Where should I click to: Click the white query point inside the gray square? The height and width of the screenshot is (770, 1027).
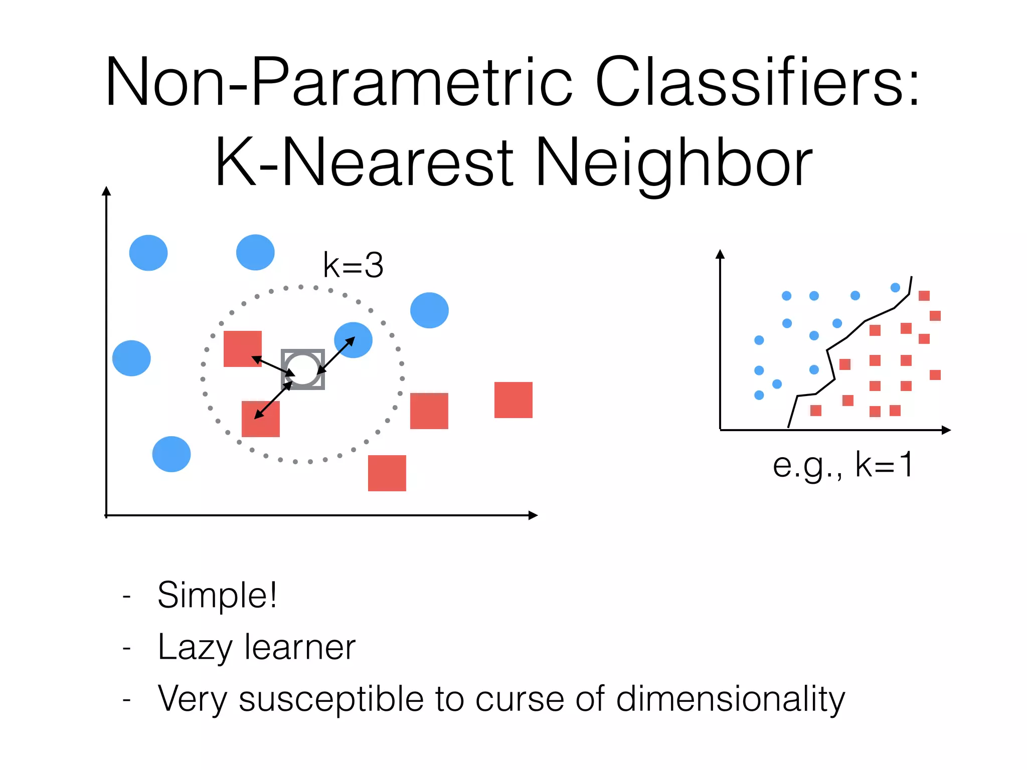click(302, 369)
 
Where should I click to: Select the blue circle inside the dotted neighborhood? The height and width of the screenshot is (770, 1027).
click(353, 340)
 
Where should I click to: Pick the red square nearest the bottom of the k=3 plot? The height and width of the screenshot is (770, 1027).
click(387, 473)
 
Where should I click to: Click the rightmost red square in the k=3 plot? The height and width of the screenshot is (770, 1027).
click(513, 400)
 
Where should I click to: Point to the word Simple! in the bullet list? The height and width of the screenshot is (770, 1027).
click(217, 595)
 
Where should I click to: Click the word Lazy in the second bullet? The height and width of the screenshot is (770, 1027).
click(195, 647)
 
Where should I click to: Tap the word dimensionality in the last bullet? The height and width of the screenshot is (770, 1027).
click(730, 699)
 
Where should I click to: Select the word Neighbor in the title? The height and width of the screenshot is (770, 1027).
click(674, 163)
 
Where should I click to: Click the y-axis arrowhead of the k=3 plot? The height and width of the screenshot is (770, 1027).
click(106, 191)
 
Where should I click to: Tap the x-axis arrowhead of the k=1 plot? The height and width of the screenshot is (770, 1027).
click(947, 430)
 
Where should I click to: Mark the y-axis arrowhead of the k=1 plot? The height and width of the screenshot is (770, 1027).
click(720, 254)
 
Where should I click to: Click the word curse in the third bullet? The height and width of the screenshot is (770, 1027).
click(519, 699)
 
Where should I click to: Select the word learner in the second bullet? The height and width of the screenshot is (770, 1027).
click(300, 647)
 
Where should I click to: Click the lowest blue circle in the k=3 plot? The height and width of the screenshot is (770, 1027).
click(172, 454)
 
